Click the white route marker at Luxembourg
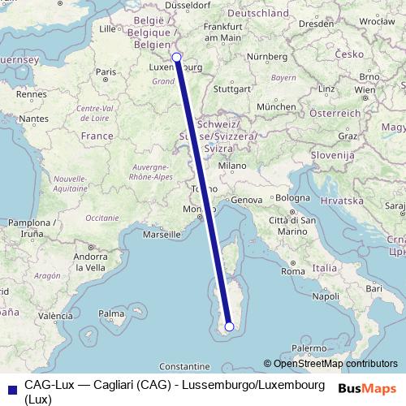click(177, 58)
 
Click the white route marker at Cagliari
click(229, 326)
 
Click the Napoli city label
click(326, 296)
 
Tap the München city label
click(275, 106)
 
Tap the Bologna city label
click(293, 197)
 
